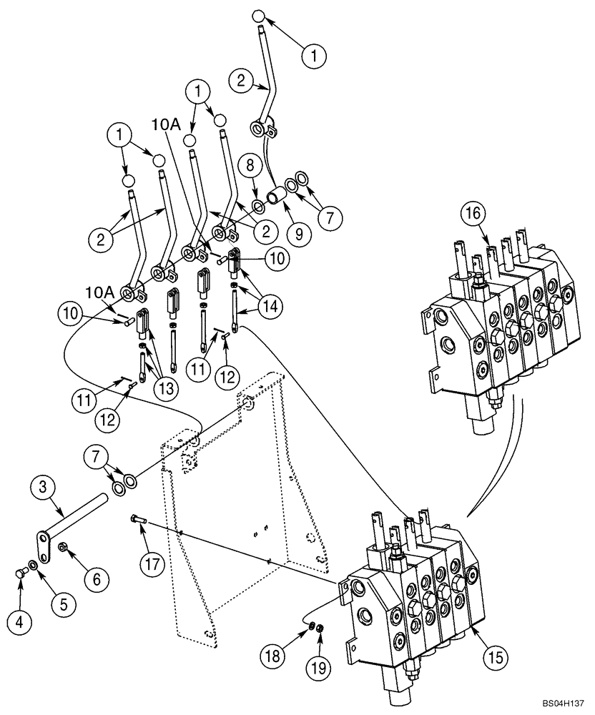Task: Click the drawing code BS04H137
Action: click(x=560, y=704)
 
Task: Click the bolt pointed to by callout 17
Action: click(x=138, y=520)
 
